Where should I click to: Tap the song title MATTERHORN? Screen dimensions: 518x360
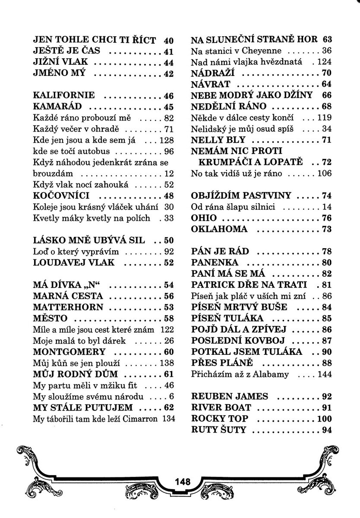click(68, 307)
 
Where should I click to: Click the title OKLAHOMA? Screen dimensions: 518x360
click(219, 229)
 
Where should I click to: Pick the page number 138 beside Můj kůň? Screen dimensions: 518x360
click(166, 363)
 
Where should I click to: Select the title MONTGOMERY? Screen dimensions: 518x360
click(69, 351)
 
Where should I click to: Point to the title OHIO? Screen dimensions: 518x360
click(204, 218)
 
